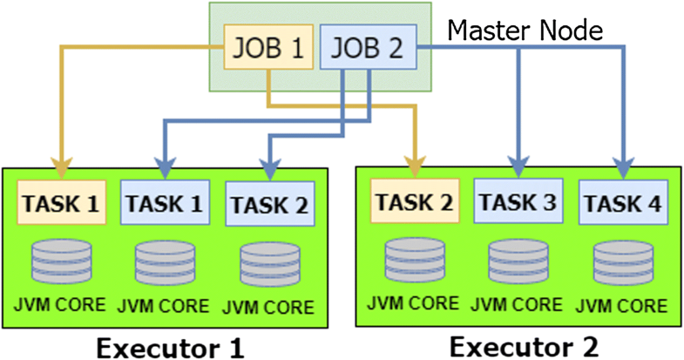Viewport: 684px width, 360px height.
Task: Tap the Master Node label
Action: pyautogui.click(x=525, y=31)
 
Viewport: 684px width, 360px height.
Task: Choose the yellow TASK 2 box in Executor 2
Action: pyautogui.click(x=415, y=201)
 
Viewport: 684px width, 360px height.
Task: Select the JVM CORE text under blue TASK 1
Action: pyautogui.click(x=165, y=306)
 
